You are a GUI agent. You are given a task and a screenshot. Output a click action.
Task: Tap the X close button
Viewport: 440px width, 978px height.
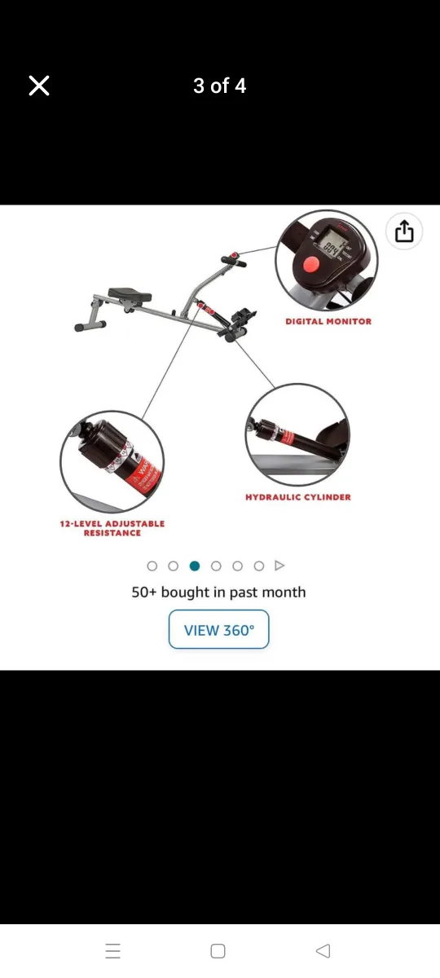[39, 86]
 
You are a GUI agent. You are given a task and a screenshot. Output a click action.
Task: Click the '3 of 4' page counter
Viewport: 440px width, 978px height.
[219, 86]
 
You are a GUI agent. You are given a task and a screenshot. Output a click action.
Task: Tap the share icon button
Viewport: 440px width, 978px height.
[405, 232]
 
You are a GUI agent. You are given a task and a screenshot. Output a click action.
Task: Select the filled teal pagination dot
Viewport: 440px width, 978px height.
[194, 566]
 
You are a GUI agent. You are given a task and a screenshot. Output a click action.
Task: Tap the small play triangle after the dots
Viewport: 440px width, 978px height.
[279, 566]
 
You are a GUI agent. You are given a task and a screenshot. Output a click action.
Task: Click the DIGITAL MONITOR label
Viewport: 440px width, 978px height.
[328, 321]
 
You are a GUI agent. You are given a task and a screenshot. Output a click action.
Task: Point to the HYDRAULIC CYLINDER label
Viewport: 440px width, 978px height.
[297, 496]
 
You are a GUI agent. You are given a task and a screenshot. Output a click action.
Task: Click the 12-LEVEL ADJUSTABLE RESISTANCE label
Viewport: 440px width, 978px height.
[112, 528]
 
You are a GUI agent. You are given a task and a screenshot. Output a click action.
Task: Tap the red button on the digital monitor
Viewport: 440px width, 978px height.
[310, 265]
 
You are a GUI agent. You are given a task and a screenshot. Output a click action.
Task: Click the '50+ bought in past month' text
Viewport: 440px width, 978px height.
[218, 593]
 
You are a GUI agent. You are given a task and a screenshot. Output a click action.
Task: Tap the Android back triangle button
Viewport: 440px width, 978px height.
[323, 950]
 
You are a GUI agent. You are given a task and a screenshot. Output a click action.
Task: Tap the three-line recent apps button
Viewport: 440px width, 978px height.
[113, 950]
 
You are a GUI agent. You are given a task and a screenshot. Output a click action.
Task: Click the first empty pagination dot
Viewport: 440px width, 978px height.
[152, 566]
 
